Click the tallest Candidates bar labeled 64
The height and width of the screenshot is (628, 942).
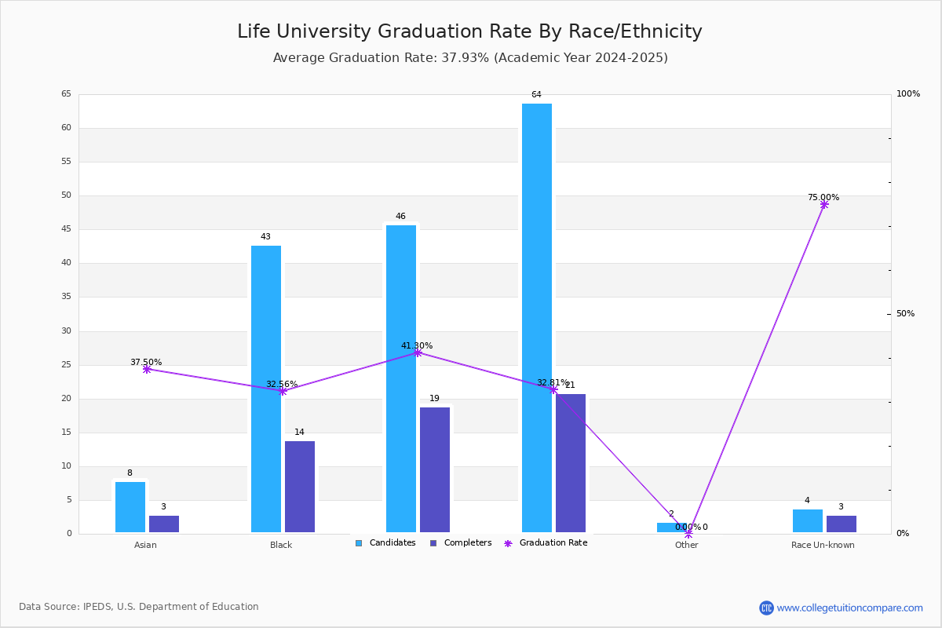point(537,318)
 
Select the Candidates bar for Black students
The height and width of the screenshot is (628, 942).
point(266,389)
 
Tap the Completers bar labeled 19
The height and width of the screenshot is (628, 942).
point(435,469)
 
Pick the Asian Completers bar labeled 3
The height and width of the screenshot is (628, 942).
point(164,524)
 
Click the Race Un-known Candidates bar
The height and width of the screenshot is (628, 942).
point(808,520)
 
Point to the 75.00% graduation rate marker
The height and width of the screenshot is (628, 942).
point(824,205)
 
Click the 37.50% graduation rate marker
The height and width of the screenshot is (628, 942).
point(147,369)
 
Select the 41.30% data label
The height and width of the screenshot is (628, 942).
point(417,345)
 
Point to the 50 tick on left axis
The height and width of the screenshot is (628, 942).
point(66,195)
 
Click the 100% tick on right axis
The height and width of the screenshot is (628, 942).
point(908,94)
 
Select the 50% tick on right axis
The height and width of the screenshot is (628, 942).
point(905,314)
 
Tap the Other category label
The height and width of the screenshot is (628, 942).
point(686,545)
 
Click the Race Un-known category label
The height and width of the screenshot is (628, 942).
point(823,545)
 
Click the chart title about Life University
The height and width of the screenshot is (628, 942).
point(469,31)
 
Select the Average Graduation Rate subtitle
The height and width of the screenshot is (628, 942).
point(469,58)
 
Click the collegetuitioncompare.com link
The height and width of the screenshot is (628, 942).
point(849,608)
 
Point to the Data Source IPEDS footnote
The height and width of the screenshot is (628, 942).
point(139,607)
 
